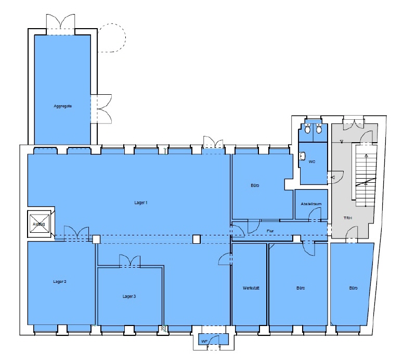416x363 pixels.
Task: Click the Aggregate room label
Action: pyautogui.click(x=62, y=106)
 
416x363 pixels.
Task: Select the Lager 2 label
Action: pyautogui.click(x=60, y=281)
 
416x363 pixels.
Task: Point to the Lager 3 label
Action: pyautogui.click(x=129, y=296)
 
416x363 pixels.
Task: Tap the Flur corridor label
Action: pyautogui.click(x=270, y=230)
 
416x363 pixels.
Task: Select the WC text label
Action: pyautogui.click(x=312, y=162)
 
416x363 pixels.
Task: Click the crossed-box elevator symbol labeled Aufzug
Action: pyautogui.click(x=40, y=224)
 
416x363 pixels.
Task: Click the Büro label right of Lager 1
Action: pyautogui.click(x=255, y=185)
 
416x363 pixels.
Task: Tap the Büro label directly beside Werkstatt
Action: pyautogui.click(x=301, y=288)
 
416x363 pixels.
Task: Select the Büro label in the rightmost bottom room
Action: pyautogui.click(x=353, y=288)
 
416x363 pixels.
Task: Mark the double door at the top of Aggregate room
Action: pyautogui.click(x=62, y=23)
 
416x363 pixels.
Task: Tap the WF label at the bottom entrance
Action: pyautogui.click(x=204, y=341)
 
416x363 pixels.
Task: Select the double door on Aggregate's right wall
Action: pyautogui.click(x=101, y=108)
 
